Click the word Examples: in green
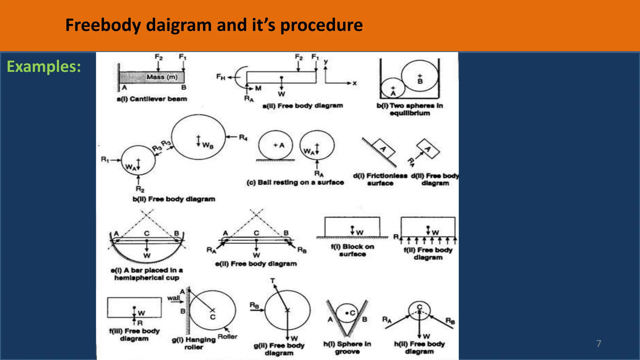44,67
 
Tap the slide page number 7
598,343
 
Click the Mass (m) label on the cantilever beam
162,77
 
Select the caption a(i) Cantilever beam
152,99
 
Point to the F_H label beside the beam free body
221,77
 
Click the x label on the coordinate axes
354,83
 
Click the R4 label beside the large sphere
243,137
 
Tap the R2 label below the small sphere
140,189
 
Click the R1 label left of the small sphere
105,160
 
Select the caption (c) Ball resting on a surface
295,182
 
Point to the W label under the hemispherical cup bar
147,256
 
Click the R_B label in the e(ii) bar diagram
302,250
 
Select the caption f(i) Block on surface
352,250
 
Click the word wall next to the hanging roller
173,298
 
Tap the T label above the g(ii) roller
272,281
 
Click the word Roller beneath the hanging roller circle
227,337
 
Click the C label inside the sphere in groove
352,313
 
